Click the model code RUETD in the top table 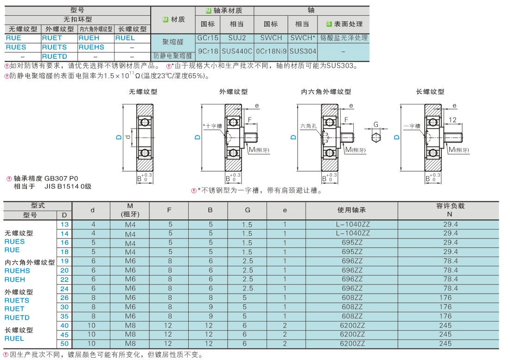tap(54, 56)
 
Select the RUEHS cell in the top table tap(91, 47)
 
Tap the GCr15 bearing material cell tap(208, 38)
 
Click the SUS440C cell tap(237, 51)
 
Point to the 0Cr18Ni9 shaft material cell tap(271, 51)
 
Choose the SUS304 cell tap(303, 51)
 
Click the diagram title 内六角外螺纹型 tap(326, 92)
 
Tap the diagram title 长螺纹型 tap(430, 92)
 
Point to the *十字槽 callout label tap(213, 126)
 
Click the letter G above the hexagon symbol tap(376, 124)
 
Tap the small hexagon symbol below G tap(376, 137)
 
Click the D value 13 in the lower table tap(64, 224)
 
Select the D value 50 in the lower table tap(64, 343)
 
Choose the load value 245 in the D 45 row tap(445, 334)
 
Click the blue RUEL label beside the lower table tap(14, 338)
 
